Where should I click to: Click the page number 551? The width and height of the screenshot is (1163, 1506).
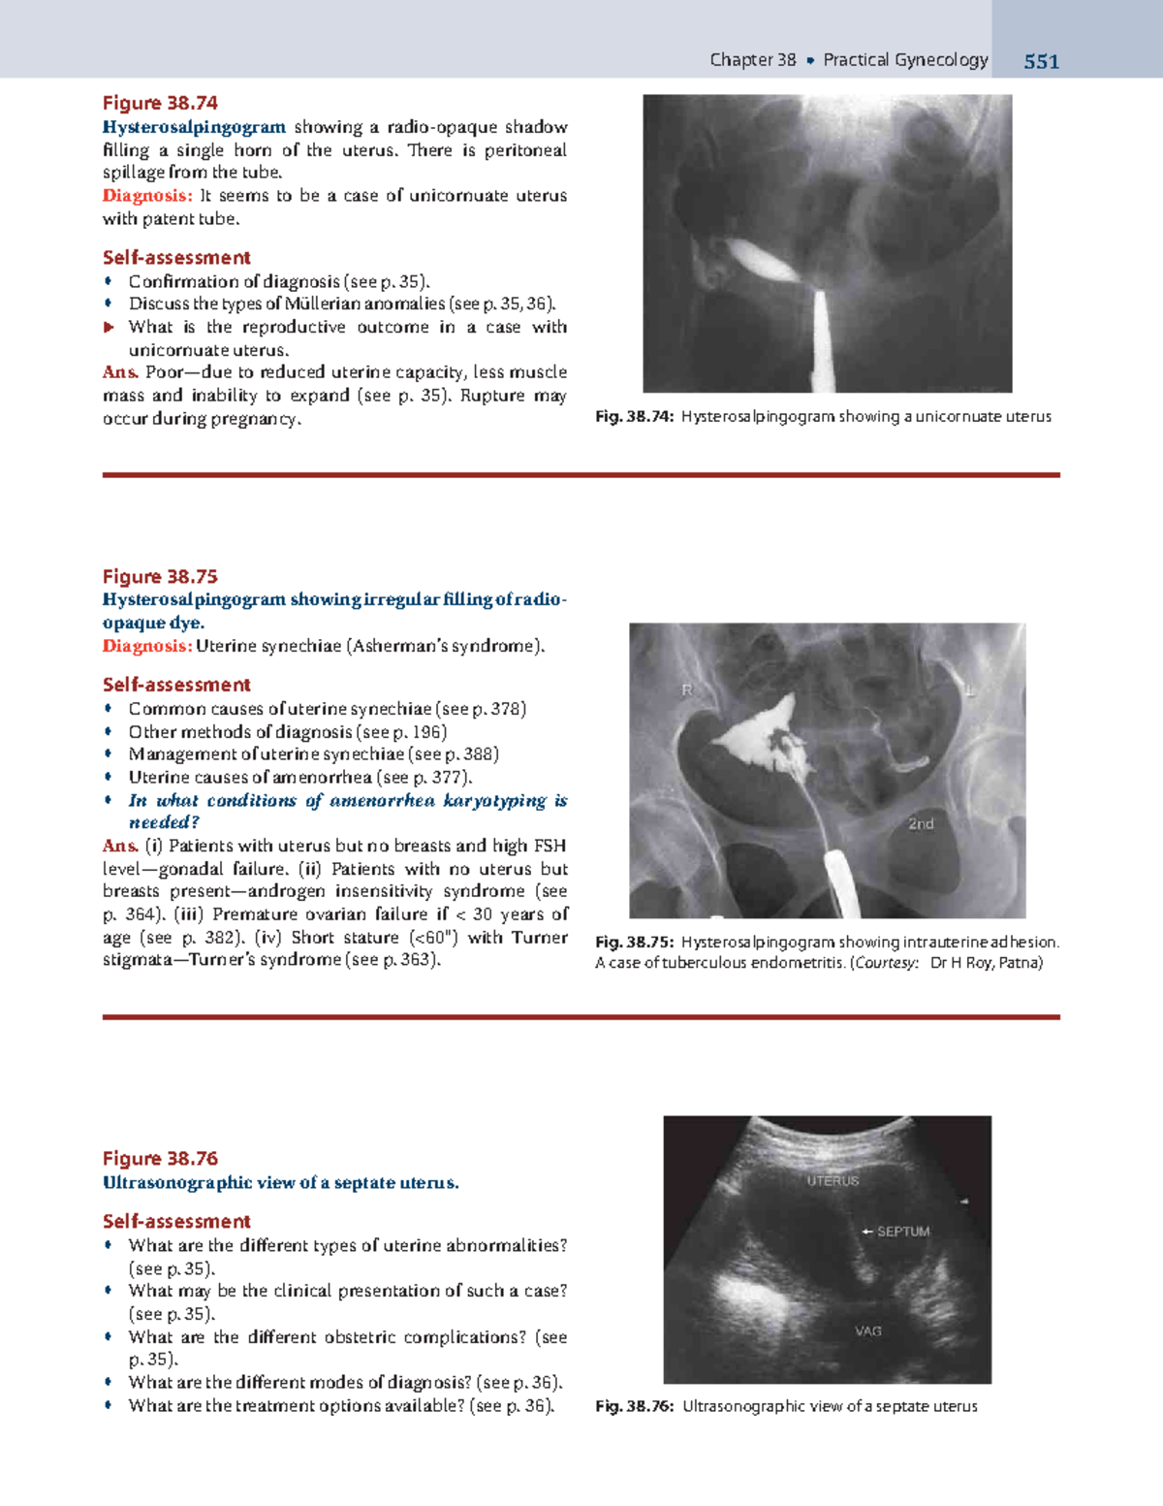click(1041, 62)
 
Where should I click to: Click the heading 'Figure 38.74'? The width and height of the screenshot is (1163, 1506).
click(160, 103)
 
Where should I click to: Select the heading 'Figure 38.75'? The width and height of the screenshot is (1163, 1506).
click(160, 576)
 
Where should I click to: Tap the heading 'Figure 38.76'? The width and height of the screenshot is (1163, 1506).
click(160, 1158)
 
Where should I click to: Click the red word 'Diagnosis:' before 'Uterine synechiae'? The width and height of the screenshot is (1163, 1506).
click(147, 646)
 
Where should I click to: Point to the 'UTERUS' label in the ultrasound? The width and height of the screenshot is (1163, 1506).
click(833, 1180)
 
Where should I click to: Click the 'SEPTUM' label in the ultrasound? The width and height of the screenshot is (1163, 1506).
click(902, 1232)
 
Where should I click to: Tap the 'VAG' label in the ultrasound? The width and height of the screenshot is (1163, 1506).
click(868, 1331)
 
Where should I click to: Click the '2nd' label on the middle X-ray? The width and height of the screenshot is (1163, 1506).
click(921, 824)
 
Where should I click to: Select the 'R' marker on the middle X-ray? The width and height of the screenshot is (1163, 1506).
click(687, 690)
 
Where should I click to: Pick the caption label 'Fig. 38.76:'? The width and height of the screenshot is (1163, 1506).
click(634, 1406)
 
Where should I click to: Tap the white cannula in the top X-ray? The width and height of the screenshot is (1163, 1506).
click(821, 339)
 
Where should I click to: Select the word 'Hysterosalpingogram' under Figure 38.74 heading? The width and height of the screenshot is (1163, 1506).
click(194, 127)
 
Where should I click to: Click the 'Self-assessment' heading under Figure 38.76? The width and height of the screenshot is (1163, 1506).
click(176, 1221)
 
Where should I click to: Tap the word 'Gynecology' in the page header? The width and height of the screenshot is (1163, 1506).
click(940, 60)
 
